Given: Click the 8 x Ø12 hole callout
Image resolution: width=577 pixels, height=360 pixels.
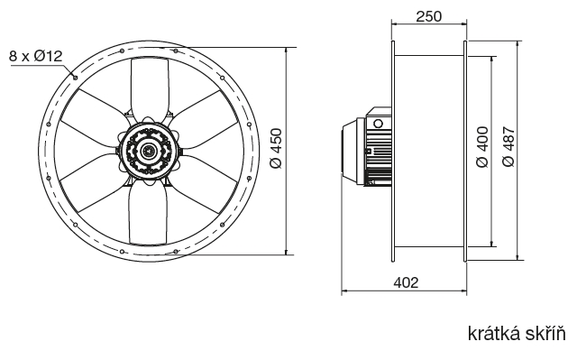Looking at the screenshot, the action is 36,56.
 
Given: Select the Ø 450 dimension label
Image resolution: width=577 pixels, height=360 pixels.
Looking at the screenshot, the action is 276,148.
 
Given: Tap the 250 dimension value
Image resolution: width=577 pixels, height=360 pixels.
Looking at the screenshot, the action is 429,16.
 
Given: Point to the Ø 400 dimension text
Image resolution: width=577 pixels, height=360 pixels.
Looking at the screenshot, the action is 482,147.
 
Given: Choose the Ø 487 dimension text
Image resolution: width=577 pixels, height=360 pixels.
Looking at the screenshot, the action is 508,147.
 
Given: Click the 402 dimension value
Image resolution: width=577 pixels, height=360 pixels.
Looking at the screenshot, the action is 407,282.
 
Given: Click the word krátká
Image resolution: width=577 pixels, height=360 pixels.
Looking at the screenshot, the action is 491,334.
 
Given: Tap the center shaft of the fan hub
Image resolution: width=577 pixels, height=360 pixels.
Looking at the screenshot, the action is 148,151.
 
